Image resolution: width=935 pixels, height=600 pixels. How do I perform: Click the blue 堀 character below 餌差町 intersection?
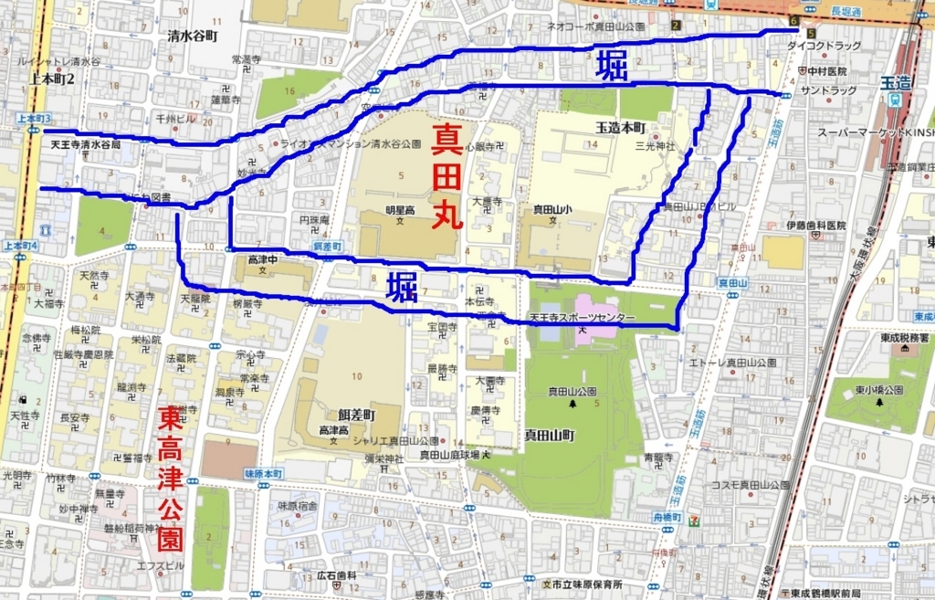tap(401, 287)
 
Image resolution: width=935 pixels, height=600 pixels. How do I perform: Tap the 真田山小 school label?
tap(552, 209)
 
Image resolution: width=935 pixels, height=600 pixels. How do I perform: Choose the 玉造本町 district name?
tap(621, 127)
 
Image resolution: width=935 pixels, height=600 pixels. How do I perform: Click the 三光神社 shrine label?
tap(656, 145)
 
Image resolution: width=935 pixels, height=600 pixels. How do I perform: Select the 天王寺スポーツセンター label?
tap(583, 318)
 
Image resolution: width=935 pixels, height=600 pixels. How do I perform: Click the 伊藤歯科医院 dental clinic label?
tap(815, 226)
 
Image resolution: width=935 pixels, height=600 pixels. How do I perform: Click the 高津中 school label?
tap(263, 260)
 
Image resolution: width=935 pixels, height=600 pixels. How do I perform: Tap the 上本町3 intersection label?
tap(35, 120)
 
